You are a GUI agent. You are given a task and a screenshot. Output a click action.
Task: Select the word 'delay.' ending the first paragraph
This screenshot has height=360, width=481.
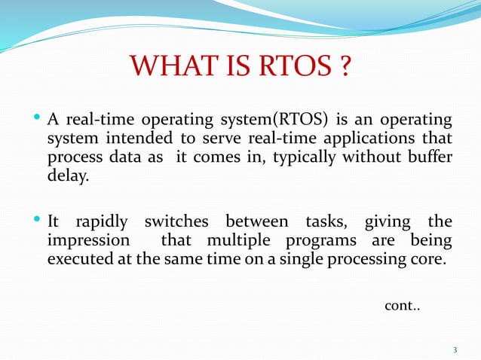pyautogui.click(x=68, y=177)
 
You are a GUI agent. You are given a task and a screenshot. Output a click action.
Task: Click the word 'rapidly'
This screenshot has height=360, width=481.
pyautogui.click(x=100, y=222)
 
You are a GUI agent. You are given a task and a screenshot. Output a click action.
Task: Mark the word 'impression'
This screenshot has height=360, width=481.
pyautogui.click(x=87, y=241)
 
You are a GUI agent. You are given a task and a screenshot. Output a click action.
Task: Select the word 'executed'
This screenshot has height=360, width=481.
pyautogui.click(x=80, y=259)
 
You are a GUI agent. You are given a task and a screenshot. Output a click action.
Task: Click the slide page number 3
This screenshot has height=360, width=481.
pyautogui.click(x=455, y=349)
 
